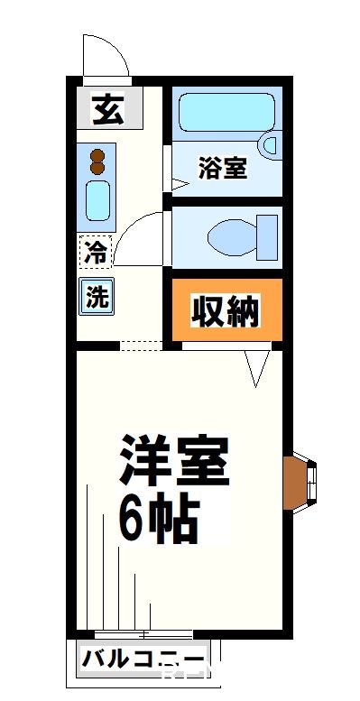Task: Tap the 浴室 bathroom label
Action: pyautogui.click(x=222, y=168)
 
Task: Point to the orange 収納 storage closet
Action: pyautogui.click(x=225, y=312)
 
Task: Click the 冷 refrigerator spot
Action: pyautogui.click(x=94, y=253)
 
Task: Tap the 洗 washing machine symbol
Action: pyautogui.click(x=97, y=296)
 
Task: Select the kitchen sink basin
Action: pyautogui.click(x=97, y=199)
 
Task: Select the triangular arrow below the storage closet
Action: pyautogui.click(x=258, y=367)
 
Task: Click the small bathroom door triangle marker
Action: pyautogui.click(x=179, y=184)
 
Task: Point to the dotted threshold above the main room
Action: pyautogui.click(x=142, y=345)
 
